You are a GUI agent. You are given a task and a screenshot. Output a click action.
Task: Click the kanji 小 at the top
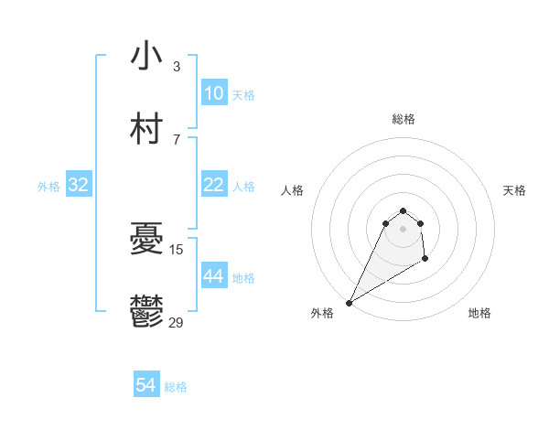(146, 57)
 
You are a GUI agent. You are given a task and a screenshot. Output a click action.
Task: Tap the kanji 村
(146, 130)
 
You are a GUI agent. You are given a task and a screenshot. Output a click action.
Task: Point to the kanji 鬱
(146, 313)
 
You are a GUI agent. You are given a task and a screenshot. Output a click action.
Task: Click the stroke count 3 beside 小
(177, 67)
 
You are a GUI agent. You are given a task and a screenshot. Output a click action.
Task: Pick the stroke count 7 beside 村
(177, 140)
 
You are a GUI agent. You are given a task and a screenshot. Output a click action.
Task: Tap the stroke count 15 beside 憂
(177, 250)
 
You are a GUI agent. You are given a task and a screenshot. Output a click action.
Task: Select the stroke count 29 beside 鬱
(177, 323)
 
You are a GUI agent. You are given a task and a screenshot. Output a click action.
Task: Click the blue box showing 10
(213, 93)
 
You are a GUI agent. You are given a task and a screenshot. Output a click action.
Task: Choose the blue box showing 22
(213, 185)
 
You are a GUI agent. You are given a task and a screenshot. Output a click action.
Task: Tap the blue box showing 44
(213, 276)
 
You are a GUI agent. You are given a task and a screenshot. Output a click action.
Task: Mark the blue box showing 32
(79, 185)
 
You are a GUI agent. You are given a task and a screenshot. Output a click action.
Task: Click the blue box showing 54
(145, 386)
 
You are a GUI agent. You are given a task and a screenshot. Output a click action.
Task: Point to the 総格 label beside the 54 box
(176, 387)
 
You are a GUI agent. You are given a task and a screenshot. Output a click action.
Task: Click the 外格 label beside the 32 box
(48, 186)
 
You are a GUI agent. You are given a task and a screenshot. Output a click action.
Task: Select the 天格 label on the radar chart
(514, 190)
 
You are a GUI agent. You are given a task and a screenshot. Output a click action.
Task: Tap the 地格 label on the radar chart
(479, 313)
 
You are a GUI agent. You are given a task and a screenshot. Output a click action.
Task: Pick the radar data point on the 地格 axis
(425, 261)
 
